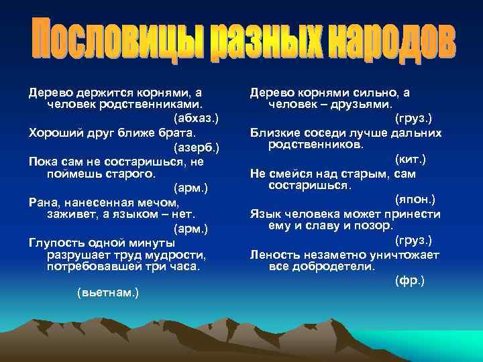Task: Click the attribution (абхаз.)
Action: (195, 118)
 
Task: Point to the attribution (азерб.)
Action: (196, 146)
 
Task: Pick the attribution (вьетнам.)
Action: (108, 293)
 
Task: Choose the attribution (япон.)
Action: (414, 200)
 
